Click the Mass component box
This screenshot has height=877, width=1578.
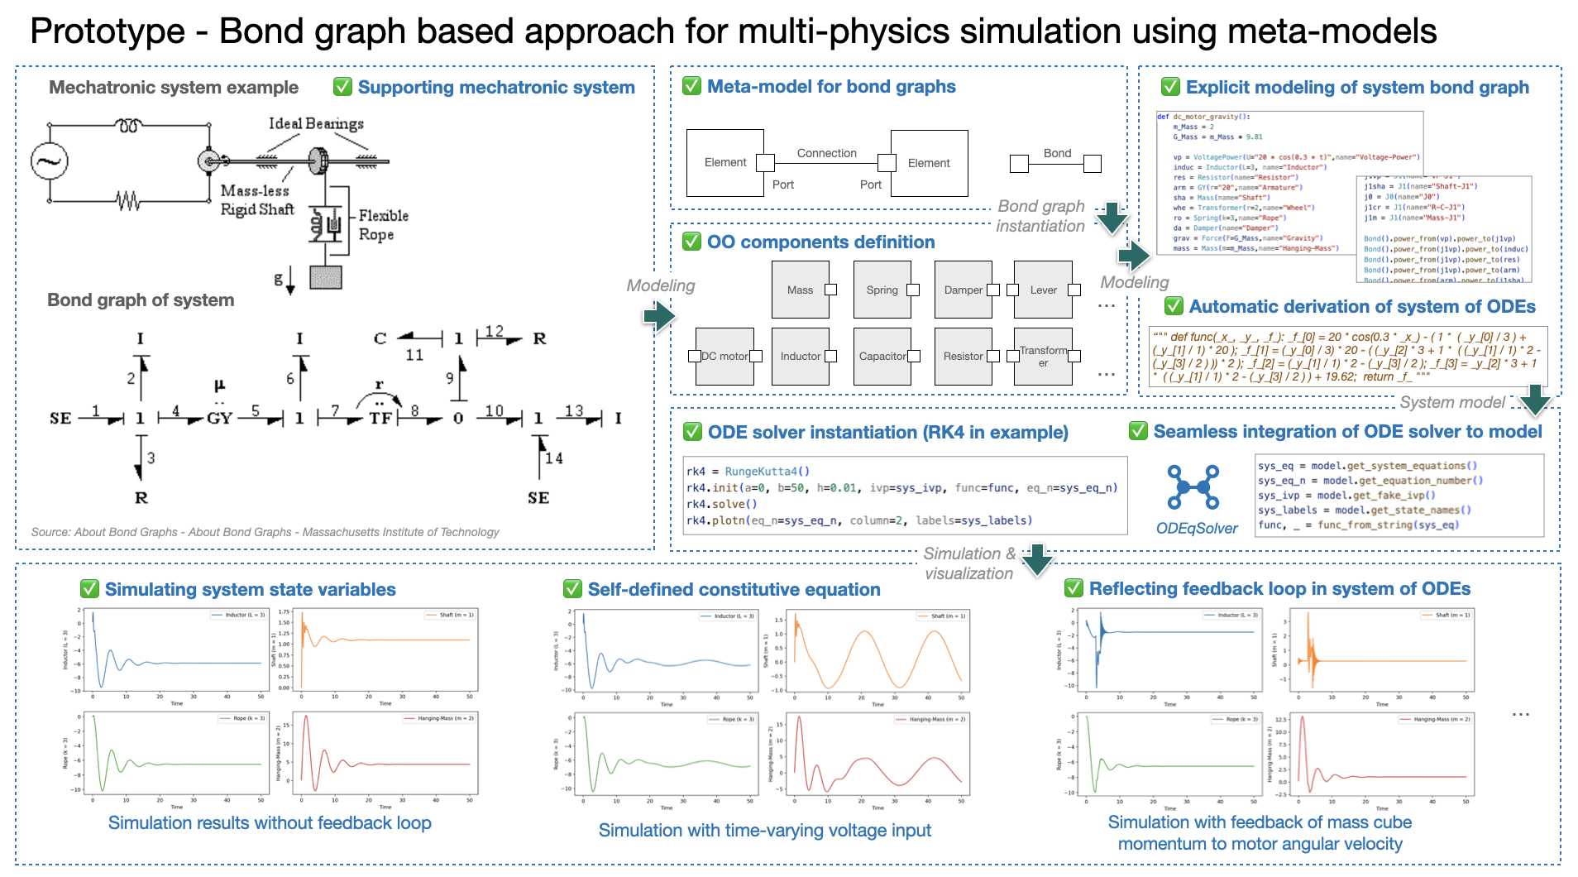tap(800, 290)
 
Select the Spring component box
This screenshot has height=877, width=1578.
tap(882, 290)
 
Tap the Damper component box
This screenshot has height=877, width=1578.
tap(963, 290)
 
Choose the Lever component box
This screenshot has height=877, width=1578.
tap(1043, 290)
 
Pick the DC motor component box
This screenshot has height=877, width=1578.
tap(724, 356)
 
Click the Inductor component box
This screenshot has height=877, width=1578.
tap(800, 356)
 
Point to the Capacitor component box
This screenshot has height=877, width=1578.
tap(882, 356)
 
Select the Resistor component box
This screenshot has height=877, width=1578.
tap(963, 356)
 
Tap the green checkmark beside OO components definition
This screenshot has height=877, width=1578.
tap(691, 242)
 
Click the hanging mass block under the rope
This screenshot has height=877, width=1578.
tap(325, 277)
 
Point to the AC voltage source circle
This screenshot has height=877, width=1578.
tap(49, 161)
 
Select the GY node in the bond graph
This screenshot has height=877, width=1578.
tap(219, 418)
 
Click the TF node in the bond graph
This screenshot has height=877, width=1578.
tap(380, 418)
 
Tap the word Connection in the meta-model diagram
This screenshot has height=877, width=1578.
tap(826, 153)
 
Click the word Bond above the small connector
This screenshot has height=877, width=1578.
tap(1057, 153)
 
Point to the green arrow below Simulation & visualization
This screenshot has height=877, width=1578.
tap(1037, 560)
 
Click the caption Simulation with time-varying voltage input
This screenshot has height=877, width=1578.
tap(764, 830)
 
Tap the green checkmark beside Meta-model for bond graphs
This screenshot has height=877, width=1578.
tap(691, 86)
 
